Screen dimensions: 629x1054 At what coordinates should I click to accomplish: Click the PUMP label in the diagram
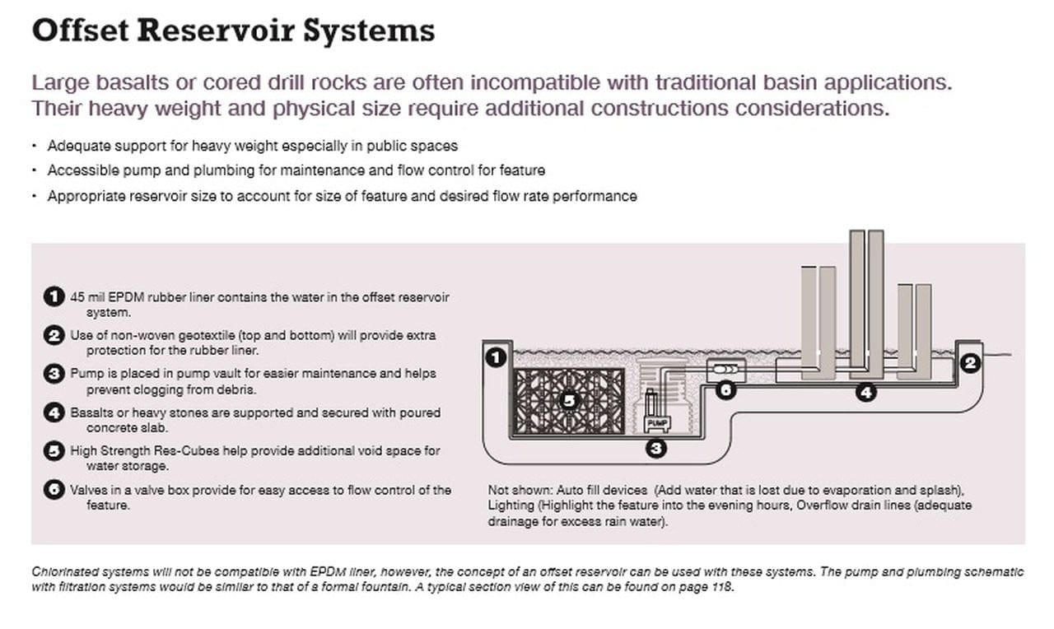(658, 422)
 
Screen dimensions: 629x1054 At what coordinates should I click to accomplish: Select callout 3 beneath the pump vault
(656, 449)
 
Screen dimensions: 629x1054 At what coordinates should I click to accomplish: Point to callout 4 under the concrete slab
(865, 393)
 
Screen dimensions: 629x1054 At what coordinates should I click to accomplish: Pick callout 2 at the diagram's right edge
(971, 361)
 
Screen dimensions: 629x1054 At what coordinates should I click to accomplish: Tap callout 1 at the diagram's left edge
(495, 357)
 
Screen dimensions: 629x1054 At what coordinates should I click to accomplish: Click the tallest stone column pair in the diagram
(866, 301)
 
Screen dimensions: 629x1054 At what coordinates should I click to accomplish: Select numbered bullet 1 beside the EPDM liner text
(54, 296)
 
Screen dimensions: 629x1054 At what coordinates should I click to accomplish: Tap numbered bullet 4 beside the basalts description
(54, 412)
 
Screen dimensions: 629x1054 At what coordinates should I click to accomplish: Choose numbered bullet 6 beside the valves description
(54, 490)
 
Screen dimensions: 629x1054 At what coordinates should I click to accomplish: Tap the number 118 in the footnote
(721, 589)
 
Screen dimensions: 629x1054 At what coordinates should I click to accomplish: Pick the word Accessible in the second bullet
(80, 170)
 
